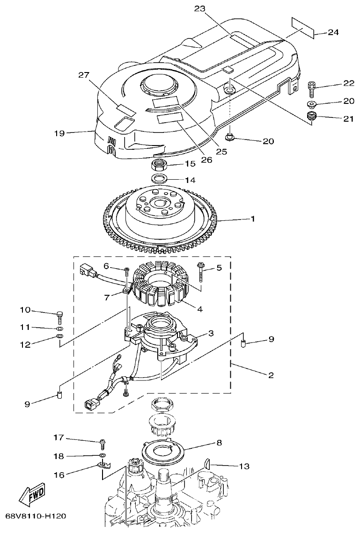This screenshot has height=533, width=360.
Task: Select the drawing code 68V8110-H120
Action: click(36, 516)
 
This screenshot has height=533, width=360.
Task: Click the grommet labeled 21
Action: click(311, 116)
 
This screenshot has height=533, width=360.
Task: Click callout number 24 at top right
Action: click(333, 32)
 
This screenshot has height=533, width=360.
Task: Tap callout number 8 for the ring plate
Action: click(219, 442)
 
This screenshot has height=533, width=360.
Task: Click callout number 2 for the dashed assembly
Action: click(270, 375)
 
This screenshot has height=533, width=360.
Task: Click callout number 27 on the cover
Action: click(83, 75)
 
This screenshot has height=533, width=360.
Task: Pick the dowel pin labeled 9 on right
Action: click(243, 346)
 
